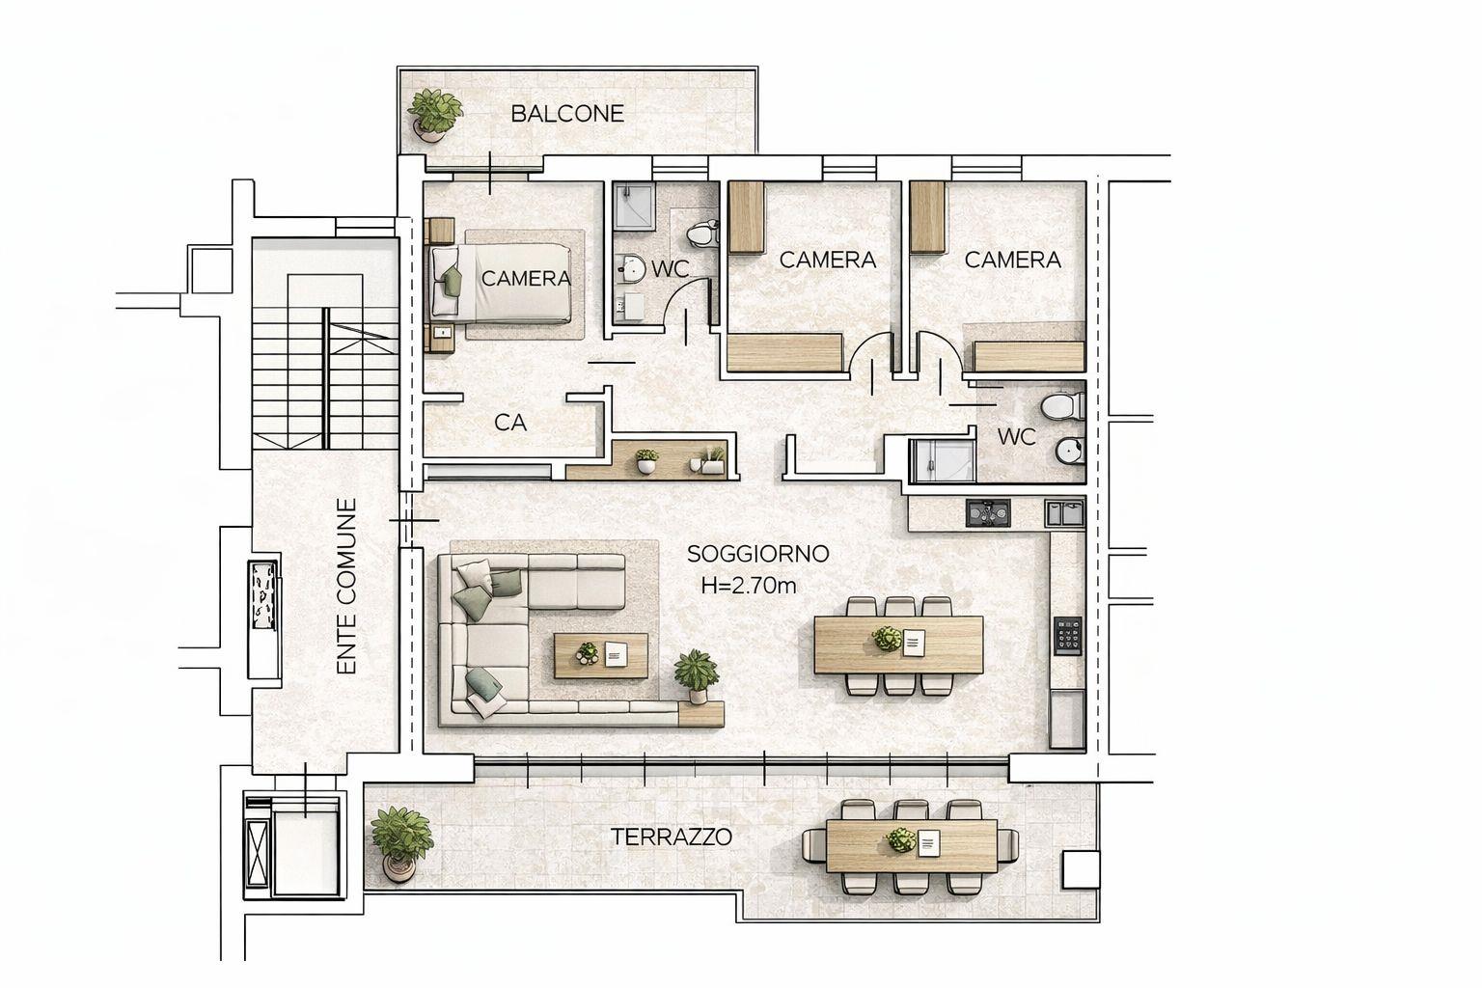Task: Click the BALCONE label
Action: coord(567,114)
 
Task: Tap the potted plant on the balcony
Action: coord(433,115)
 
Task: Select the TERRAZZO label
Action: coord(671,837)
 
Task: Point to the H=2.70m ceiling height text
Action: coord(749,586)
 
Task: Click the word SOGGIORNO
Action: coord(758,554)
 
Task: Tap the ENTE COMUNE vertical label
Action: coord(346,587)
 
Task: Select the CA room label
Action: coord(510,423)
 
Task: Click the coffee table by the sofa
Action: coord(601,656)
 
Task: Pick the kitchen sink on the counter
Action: coord(1064,513)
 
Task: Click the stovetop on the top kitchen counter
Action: coord(988,513)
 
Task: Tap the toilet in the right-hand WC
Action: coord(1062,405)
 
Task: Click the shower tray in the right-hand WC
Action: coord(942,460)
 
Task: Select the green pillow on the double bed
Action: coord(452,281)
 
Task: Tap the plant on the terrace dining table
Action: coord(900,839)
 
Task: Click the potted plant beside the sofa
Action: coord(696,675)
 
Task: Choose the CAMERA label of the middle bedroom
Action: coord(828,261)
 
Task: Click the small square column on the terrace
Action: coord(1081,869)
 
